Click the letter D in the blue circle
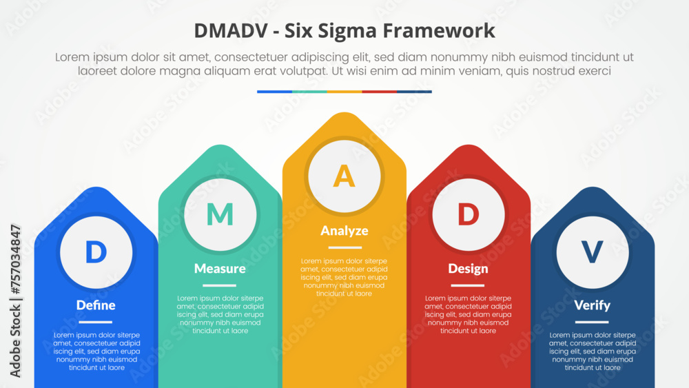click(96, 252)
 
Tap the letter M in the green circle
click(220, 215)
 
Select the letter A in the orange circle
click(344, 178)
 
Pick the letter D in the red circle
click(468, 215)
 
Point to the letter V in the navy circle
click(592, 252)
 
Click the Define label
click(96, 305)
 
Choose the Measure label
click(220, 268)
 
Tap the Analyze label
click(344, 231)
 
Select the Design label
click(468, 268)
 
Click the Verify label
click(592, 305)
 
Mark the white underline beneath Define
click(96, 322)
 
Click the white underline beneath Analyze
click(344, 247)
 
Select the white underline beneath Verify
click(592, 322)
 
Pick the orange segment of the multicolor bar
click(344, 92)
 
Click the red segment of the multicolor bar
click(379, 92)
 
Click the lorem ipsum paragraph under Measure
click(220, 314)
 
